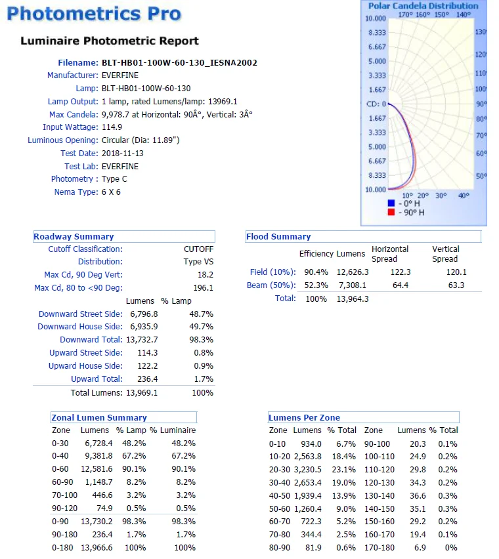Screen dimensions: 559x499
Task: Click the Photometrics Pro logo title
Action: coord(94,13)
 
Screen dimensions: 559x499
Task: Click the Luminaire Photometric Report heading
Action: coord(110,41)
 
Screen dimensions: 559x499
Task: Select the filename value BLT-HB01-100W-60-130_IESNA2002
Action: coord(179,63)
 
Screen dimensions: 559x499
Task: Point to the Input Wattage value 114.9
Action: coord(112,127)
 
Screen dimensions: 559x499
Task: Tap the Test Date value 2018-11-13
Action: coord(123,154)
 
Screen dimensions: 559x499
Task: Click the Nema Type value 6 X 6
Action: coord(111,192)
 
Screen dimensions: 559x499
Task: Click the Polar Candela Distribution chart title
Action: coord(423,6)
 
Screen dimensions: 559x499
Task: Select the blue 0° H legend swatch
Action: coord(391,203)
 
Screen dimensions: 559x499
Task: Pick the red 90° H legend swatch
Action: coord(391,212)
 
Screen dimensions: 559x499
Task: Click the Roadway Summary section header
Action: coord(74,237)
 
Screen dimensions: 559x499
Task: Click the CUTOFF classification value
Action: coord(198,249)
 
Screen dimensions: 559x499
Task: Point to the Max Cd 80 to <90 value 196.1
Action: coord(204,288)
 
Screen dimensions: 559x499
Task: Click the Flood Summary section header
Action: coord(278,237)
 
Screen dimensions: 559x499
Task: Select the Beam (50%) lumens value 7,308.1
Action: coord(353,285)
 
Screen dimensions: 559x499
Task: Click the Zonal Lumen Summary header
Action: coord(99,417)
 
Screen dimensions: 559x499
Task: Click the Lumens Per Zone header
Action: coord(304,417)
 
